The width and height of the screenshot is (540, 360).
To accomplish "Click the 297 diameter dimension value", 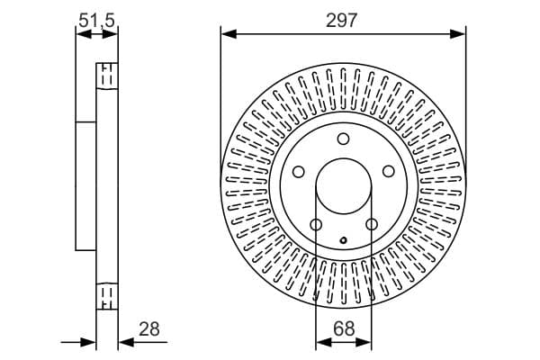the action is pos(342,21).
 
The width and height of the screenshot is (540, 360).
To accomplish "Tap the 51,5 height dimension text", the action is pos(96,21).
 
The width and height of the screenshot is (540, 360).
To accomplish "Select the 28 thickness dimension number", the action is pos(149,329).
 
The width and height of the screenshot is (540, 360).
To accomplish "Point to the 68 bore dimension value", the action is pos(344,329).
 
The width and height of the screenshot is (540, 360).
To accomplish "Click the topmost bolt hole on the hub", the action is pos(343,139).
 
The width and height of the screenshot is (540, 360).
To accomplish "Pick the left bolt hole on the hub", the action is pos(299,172).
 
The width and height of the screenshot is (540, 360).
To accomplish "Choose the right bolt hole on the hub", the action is pos(389,171).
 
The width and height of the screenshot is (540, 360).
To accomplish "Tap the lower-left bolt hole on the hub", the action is pos(316,225).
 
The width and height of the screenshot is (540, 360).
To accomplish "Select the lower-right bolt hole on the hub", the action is pos(371,225).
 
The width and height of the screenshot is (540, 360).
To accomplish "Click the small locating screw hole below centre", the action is pos(344,240).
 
